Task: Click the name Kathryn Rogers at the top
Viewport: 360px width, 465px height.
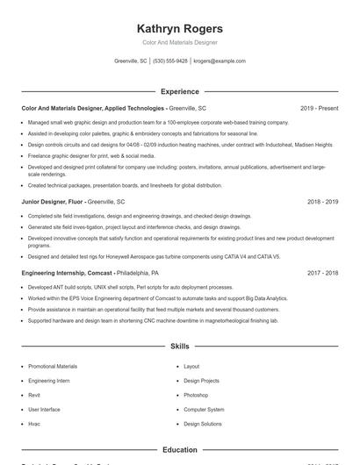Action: click(180, 28)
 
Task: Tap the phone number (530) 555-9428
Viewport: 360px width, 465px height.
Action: click(170, 61)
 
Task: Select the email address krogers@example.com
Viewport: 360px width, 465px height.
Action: click(220, 61)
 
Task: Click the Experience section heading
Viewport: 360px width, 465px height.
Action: click(180, 91)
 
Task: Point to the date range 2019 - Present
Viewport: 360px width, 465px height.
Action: click(319, 108)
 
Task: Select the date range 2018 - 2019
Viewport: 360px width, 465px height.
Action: click(322, 201)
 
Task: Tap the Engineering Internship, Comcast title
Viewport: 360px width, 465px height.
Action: click(67, 273)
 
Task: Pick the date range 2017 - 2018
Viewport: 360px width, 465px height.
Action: click(322, 273)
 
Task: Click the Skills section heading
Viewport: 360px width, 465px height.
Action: click(180, 347)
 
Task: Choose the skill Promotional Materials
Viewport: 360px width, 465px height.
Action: click(53, 367)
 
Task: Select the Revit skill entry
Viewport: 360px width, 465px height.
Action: click(33, 395)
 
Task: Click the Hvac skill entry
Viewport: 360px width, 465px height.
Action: click(33, 424)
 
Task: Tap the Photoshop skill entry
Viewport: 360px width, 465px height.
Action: click(196, 395)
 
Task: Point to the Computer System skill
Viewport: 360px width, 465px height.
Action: click(203, 410)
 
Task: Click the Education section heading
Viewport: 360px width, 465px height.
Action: click(180, 450)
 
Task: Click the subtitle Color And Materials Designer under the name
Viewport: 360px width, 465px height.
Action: click(180, 42)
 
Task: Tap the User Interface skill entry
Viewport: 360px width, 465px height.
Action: click(44, 410)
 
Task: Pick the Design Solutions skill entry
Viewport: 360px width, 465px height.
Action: click(203, 424)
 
